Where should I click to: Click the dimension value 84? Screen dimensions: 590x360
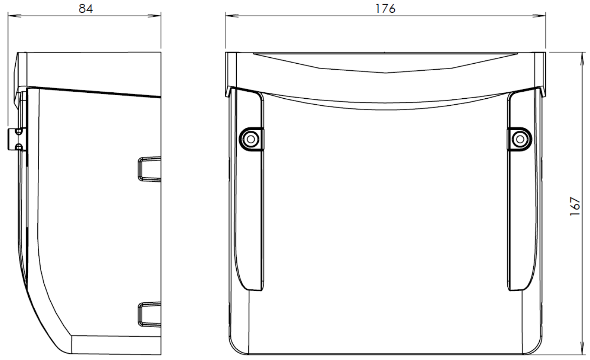click(86, 9)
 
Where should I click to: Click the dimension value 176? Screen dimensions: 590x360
click(385, 9)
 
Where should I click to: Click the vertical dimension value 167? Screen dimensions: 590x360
click(575, 206)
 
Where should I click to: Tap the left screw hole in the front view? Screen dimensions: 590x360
click(251, 139)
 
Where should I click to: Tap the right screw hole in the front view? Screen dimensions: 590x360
click(520, 139)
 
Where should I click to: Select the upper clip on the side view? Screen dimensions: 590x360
click(149, 169)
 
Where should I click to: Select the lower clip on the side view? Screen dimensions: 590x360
click(149, 314)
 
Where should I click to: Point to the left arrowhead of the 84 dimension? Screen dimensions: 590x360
click(14, 16)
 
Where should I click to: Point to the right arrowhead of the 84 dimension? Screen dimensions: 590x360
click(154, 16)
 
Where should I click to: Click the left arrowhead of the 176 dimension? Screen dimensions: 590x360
click(232, 16)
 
